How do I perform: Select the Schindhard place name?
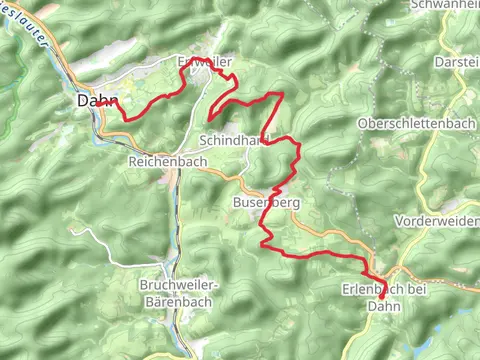[x=235, y=139]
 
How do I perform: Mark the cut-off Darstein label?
[x=457, y=62]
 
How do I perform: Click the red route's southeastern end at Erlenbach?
[x=382, y=297]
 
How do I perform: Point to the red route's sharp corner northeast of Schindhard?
[x=283, y=93]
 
